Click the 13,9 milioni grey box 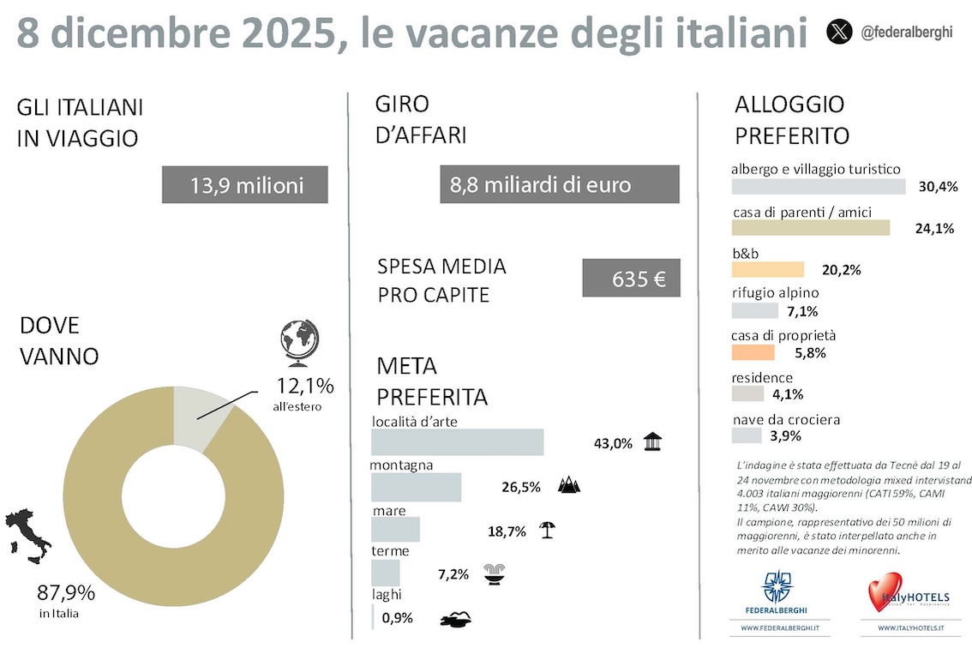[x=244, y=185]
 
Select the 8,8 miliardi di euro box [x=560, y=185]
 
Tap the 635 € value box [x=631, y=279]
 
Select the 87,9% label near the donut [x=66, y=593]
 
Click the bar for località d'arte [x=457, y=442]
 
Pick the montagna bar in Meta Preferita [x=416, y=487]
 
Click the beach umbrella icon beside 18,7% [x=546, y=530]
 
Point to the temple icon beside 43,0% [x=653, y=442]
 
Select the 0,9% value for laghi [x=399, y=617]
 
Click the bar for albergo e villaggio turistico [x=818, y=186]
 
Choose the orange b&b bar [x=767, y=269]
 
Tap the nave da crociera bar [x=746, y=435]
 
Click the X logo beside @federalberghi [x=839, y=33]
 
